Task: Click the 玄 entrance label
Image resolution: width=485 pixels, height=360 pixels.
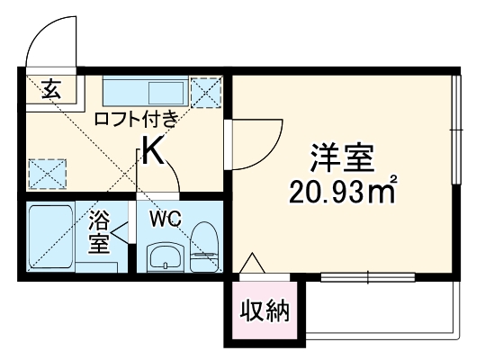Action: pyautogui.click(x=51, y=89)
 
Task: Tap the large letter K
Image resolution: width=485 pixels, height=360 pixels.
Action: pyautogui.click(x=153, y=152)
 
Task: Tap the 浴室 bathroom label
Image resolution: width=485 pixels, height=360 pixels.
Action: pyautogui.click(x=99, y=231)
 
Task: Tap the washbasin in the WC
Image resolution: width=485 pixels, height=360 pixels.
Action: pyautogui.click(x=165, y=257)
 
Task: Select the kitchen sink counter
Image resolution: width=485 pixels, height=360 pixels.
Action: pyautogui.click(x=144, y=92)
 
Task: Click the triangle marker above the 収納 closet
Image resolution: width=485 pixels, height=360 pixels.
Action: pyautogui.click(x=252, y=263)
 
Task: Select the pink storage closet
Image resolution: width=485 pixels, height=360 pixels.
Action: pyautogui.click(x=265, y=310)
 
